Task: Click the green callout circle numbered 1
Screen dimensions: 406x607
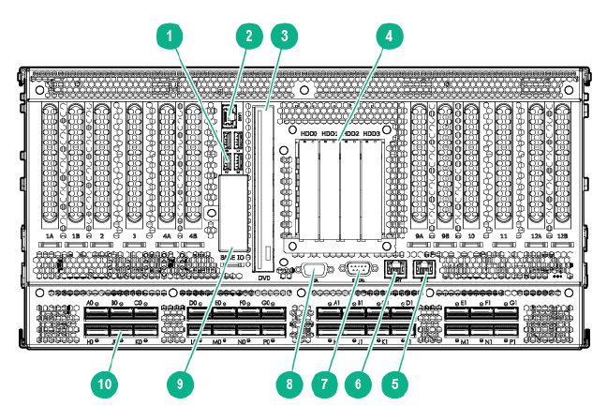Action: (169, 38)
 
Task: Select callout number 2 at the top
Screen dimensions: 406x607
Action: (247, 38)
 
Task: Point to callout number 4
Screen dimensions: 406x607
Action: (384, 38)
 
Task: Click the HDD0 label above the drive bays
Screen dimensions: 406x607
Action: (310, 133)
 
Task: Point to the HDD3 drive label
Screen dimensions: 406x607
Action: (372, 133)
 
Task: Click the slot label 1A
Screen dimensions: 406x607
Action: (50, 236)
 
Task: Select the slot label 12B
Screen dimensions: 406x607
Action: (562, 236)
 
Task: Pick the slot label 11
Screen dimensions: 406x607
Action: (506, 236)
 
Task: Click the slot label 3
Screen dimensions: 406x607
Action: (137, 236)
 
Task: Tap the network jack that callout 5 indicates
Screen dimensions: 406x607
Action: (424, 269)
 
